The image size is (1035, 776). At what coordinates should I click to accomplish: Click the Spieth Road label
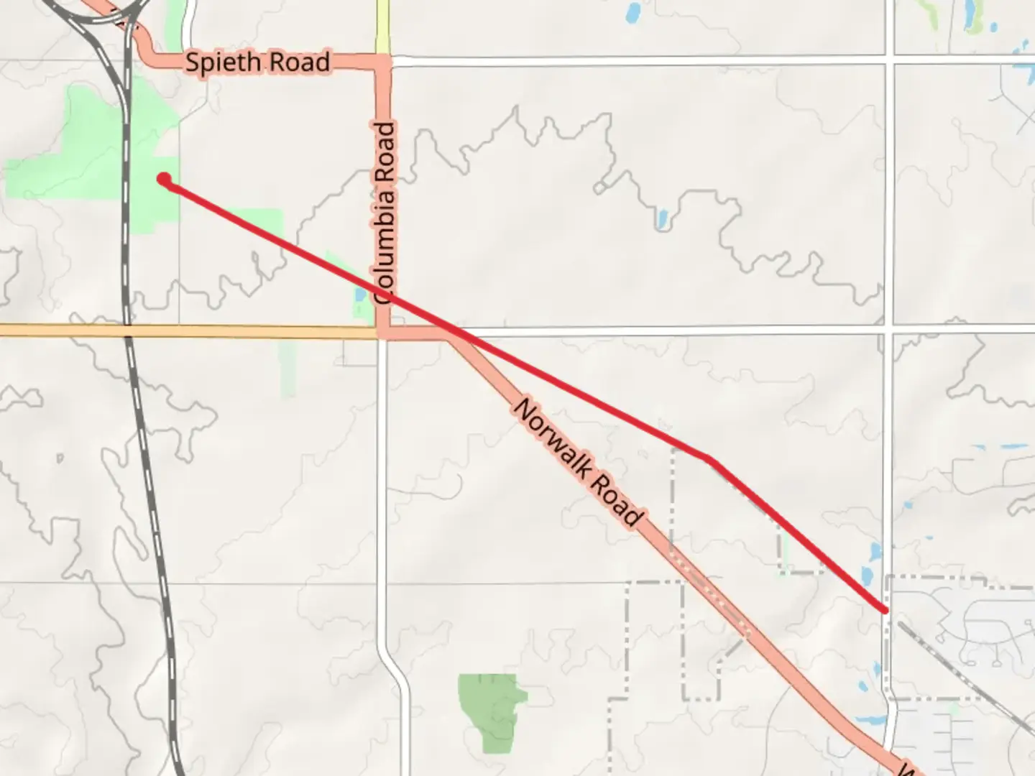257,62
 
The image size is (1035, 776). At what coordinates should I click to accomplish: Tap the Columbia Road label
385,213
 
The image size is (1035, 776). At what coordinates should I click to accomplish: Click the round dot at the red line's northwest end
164,179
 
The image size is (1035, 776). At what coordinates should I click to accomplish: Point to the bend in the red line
709,458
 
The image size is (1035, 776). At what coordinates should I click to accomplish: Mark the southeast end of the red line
885,610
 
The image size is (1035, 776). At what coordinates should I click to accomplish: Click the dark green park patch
490,711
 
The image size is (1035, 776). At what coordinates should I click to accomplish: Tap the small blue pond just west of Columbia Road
359,295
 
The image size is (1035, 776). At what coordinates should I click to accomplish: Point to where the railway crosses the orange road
128,331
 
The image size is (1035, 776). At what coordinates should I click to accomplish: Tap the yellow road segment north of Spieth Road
382,25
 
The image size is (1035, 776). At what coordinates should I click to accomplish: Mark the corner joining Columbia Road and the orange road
383,333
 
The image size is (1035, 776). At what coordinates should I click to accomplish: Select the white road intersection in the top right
892,60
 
